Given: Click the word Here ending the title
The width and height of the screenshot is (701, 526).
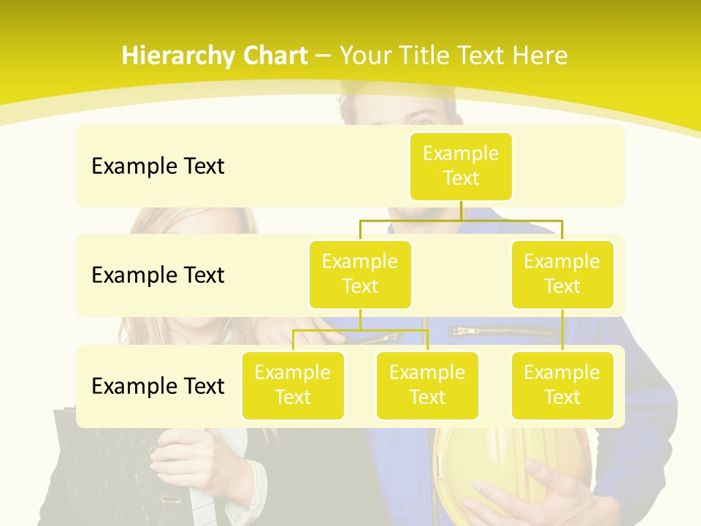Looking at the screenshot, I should coord(540,56).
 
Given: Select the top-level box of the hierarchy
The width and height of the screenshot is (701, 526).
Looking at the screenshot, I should coord(461,166).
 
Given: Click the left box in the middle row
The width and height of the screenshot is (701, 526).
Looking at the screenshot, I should coord(360,274).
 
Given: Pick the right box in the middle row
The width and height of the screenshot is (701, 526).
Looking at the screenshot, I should coord(562,274).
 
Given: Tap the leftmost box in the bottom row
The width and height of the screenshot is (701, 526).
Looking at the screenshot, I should coord(293,385).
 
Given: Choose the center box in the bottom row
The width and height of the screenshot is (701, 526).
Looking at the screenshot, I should coord(427,385).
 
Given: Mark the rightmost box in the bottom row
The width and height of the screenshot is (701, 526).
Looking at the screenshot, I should coord(562,385).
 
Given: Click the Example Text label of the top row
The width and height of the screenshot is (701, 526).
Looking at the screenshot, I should coord(158,167).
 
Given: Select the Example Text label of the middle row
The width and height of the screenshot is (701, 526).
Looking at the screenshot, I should coord(158,275).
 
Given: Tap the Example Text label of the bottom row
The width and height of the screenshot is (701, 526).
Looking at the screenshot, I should coord(158,386).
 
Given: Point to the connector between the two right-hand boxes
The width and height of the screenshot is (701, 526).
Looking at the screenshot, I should coord(562,330).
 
